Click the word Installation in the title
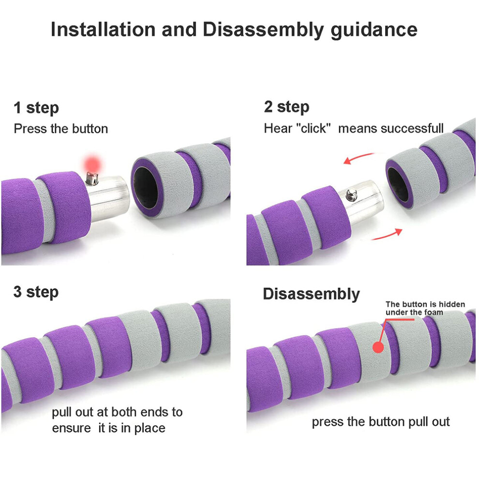[103, 30]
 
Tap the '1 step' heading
[36, 108]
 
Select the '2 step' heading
[286, 107]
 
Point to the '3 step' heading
[36, 292]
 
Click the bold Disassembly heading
[311, 294]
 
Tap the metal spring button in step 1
[92, 179]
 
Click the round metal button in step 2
[351, 195]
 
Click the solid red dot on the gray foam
[378, 347]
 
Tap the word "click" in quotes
[314, 128]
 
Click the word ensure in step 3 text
[71, 428]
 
